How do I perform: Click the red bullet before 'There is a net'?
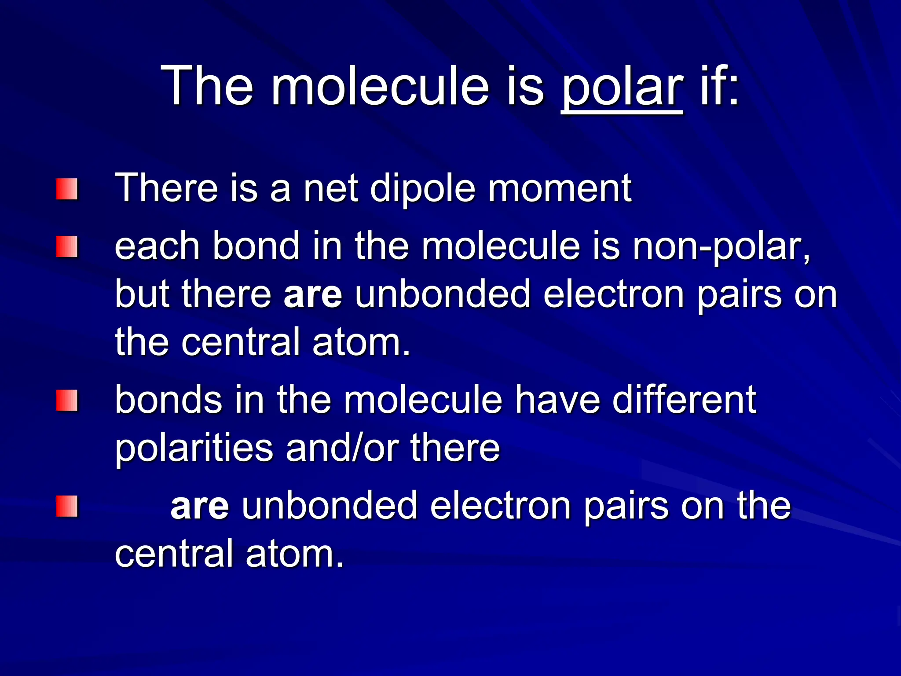pos(66,189)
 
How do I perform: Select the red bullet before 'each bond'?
pos(66,247)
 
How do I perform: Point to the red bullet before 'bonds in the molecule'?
pos(66,400)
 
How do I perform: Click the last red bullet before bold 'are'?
pos(66,506)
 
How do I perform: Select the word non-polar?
pos(722,246)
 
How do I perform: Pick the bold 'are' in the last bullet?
pos(200,506)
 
